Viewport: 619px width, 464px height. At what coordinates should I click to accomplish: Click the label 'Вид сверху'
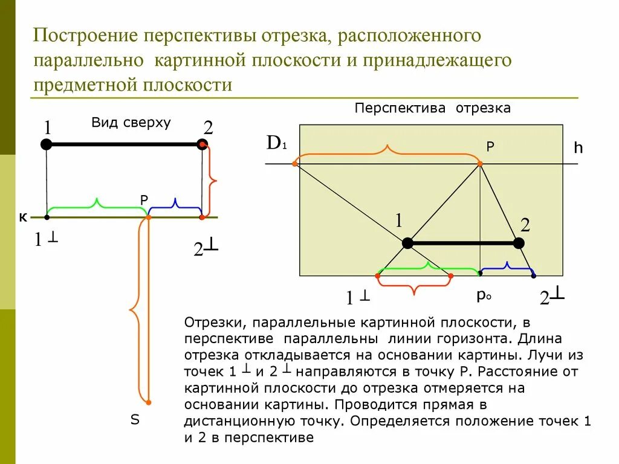[x=131, y=123]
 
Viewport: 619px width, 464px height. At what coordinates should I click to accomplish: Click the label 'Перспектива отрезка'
[x=432, y=108]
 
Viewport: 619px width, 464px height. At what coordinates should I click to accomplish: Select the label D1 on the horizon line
[x=276, y=144]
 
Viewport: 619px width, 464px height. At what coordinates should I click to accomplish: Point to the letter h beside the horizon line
[x=578, y=148]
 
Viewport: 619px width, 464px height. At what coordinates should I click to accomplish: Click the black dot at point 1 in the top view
[x=47, y=144]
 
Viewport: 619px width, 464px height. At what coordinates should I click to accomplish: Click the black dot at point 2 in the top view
[x=202, y=144]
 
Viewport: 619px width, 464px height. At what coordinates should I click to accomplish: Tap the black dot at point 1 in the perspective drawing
[x=407, y=243]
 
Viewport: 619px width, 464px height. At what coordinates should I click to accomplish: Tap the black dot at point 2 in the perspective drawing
[x=519, y=243]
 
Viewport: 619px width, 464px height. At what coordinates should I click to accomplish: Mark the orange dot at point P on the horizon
[x=480, y=163]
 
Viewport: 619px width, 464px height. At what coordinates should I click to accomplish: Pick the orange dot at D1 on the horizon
[x=295, y=163]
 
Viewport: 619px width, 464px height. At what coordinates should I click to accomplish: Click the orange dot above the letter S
[x=148, y=402]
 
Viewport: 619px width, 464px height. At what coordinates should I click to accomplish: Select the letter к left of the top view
[x=22, y=217]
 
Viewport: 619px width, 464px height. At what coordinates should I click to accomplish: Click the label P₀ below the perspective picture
[x=483, y=295]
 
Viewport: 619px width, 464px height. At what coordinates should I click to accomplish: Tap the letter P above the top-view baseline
[x=143, y=200]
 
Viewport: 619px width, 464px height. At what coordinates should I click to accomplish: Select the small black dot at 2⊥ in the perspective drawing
[x=533, y=276]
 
